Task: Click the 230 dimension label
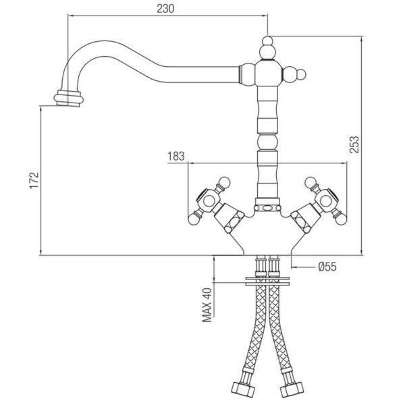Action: (x=165, y=9)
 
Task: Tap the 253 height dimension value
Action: (x=354, y=144)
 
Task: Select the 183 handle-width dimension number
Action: (x=176, y=157)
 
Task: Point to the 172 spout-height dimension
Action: (x=34, y=180)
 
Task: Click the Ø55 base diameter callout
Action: (x=327, y=267)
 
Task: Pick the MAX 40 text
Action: (x=207, y=305)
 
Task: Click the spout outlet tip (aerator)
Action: (x=68, y=99)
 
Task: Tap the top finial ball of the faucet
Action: (x=267, y=41)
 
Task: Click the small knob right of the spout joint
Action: (x=301, y=74)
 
